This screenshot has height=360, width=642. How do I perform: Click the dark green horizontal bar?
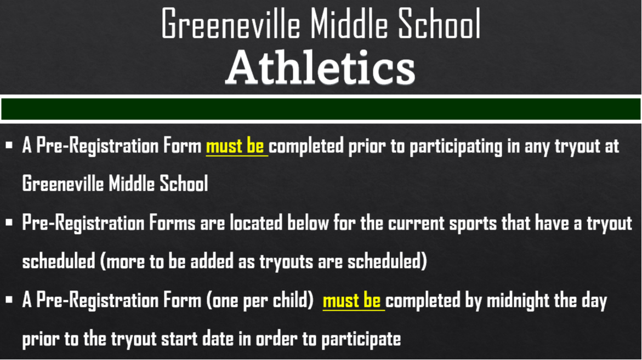click(321, 109)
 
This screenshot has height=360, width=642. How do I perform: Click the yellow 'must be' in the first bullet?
click(236, 147)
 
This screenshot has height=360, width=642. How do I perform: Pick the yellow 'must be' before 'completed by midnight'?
click(353, 301)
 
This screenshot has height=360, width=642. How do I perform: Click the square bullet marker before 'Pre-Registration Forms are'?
click(9, 224)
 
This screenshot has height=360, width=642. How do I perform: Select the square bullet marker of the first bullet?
click(9, 147)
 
